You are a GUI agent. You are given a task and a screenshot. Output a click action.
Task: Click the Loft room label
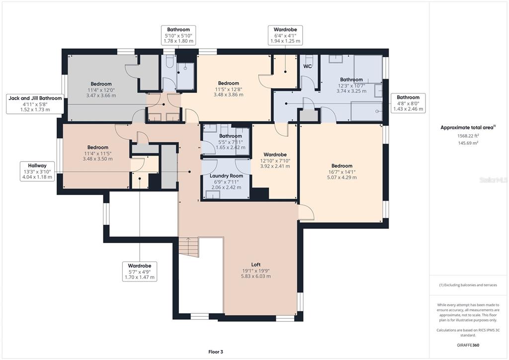[256, 265]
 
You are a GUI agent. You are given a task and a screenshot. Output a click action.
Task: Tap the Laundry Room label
[226, 176]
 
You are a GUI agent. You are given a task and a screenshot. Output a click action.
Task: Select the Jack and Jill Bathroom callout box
[35, 104]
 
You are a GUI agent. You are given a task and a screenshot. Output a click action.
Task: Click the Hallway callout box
[37, 171]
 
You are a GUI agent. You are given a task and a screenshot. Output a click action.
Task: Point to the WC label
[307, 66]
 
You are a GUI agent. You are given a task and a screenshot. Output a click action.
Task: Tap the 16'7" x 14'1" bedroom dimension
[342, 172]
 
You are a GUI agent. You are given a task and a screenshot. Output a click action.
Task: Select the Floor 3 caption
[216, 352]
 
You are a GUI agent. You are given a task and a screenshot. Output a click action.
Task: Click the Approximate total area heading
[468, 128]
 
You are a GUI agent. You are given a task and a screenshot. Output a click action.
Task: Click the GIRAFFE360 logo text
[468, 345]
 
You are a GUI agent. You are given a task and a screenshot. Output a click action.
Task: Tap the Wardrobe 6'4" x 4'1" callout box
[285, 35]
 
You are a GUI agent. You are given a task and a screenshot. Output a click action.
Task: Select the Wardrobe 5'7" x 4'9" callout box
[140, 271]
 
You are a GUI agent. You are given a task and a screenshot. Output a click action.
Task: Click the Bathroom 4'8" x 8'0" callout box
[408, 103]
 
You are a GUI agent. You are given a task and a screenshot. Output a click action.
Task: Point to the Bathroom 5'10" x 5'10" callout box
[178, 35]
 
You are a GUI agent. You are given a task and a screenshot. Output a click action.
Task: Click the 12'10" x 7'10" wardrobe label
[275, 161]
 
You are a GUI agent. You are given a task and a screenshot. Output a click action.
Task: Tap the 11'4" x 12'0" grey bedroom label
[101, 90]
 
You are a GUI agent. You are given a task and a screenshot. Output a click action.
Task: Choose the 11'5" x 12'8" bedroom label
[229, 89]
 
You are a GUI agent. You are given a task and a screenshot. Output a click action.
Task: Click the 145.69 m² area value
[468, 143]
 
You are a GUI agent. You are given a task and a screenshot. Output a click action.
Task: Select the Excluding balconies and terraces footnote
[468, 285]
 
